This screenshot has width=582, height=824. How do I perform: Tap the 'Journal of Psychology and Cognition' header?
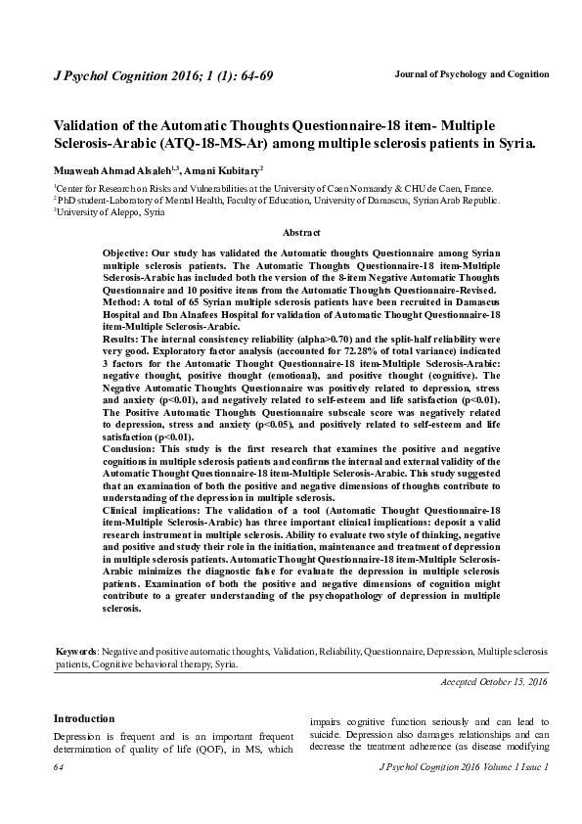[x=470, y=74]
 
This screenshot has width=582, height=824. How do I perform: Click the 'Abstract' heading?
[x=301, y=232]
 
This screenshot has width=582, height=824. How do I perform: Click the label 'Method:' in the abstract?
[x=123, y=303]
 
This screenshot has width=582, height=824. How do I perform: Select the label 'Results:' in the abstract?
[x=124, y=339]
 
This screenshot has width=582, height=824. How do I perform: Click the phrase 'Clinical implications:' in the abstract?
[x=150, y=513]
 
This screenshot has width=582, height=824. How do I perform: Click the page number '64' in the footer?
[x=58, y=769]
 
